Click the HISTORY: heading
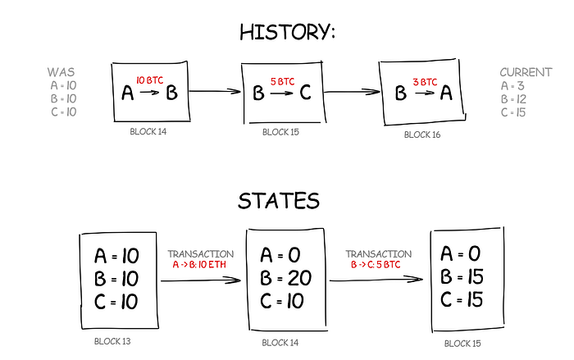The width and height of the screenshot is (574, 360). click(287, 32)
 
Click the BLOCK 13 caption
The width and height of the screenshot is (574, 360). click(114, 338)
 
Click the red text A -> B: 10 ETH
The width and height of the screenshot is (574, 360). click(199, 266)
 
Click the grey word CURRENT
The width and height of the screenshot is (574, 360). click(526, 72)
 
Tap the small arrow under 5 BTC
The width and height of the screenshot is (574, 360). click(280, 93)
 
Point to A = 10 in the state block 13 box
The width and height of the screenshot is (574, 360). click(116, 256)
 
